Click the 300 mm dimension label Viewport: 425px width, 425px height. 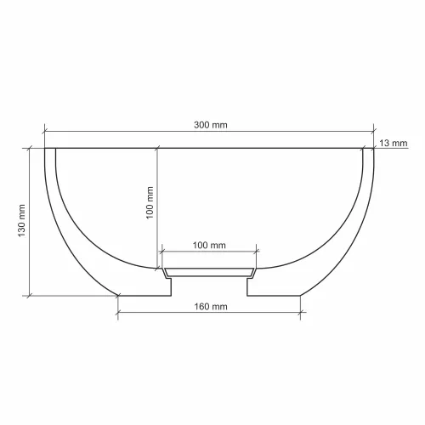pos(211,125)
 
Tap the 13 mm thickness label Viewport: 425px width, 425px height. pos(394,143)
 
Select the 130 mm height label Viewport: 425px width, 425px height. pos(22,221)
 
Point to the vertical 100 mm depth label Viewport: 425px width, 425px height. pos(150,202)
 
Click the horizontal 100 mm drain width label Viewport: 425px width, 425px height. pos(209,245)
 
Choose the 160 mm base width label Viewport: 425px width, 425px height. pos(211,307)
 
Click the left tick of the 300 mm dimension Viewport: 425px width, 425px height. pos(45,132)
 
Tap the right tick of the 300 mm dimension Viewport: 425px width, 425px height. pos(373,131)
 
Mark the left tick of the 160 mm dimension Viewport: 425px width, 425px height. pos(118,313)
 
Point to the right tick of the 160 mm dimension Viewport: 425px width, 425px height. pos(300,313)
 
